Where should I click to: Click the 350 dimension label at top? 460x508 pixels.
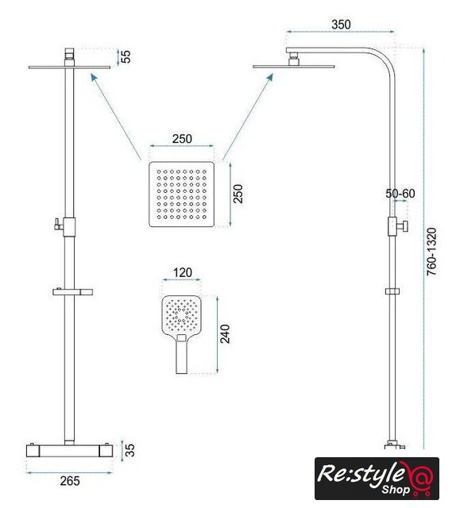pyautogui.click(x=341, y=25)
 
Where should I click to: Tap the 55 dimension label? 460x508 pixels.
pyautogui.click(x=126, y=56)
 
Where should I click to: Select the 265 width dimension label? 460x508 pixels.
pyautogui.click(x=70, y=481)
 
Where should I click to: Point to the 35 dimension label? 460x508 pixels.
pyautogui.click(x=129, y=450)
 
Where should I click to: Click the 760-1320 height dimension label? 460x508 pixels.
pyautogui.click(x=431, y=252)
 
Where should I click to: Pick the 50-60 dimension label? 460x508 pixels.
pyautogui.click(x=400, y=194)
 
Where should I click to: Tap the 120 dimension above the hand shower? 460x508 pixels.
pyautogui.click(x=182, y=272)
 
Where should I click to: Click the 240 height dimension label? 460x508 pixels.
pyautogui.click(x=225, y=333)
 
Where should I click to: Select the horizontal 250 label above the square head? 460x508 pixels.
pyautogui.click(x=182, y=139)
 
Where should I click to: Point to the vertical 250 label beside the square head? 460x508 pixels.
pyautogui.click(x=238, y=194)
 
